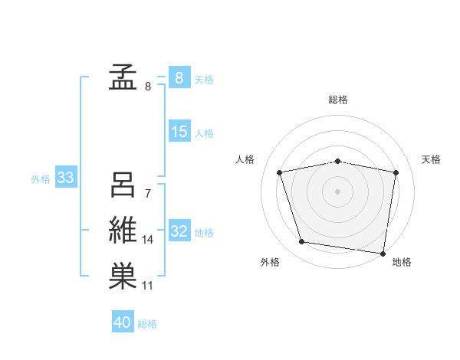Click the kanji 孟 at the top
coord(123,77)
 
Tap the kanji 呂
coord(123,185)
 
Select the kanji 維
coord(123,231)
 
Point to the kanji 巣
coord(123,277)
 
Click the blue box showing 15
coord(179,132)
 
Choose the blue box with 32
coord(179,231)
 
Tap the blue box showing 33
coord(65,178)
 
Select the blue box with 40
coord(123,322)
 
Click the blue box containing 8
coord(179,77)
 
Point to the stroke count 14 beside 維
coord(148,240)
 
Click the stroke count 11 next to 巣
coord(148,286)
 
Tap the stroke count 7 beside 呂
coord(147,194)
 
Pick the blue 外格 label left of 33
coord(41,179)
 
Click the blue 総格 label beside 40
coord(147,323)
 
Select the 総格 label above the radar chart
coord(337,100)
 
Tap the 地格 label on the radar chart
coord(402,263)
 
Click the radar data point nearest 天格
coord(396,172)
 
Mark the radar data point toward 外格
coord(302,242)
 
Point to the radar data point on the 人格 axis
coord(280,172)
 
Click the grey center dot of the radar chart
coord(337,191)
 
